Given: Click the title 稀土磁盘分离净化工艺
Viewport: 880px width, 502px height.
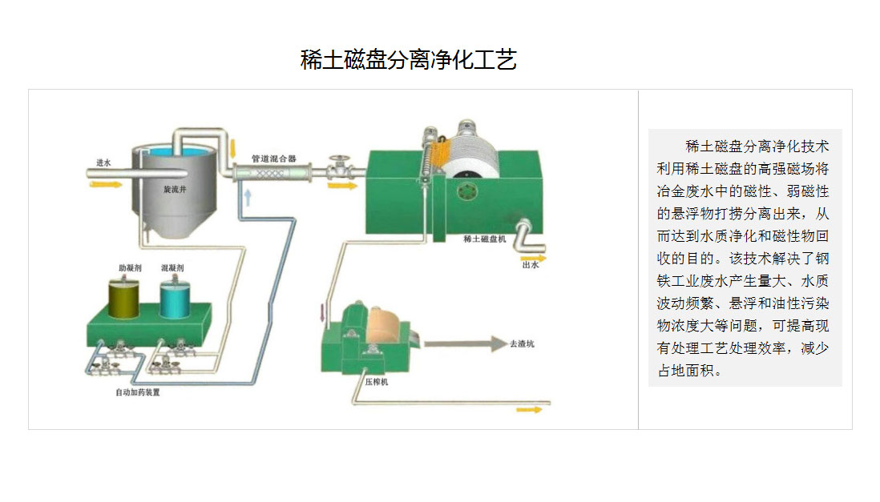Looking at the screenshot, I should tap(408, 60).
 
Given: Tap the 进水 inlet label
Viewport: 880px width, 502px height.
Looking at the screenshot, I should tap(103, 163).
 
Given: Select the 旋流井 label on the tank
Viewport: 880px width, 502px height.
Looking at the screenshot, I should tap(175, 190).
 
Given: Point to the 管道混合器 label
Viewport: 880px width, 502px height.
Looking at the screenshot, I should tap(273, 158).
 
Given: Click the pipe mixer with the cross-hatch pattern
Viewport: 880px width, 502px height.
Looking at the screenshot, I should tap(273, 172).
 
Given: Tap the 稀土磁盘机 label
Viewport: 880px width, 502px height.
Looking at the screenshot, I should tap(484, 239).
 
